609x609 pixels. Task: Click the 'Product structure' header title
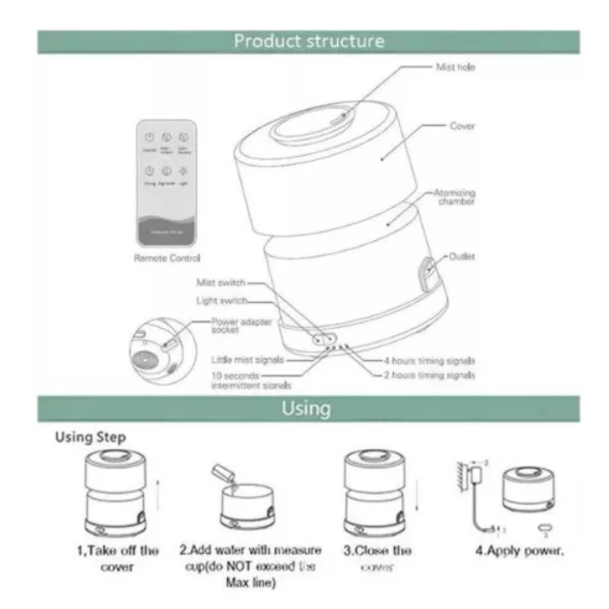click(309, 42)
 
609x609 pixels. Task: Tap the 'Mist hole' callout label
click(456, 67)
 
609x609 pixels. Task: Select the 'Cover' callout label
click(462, 126)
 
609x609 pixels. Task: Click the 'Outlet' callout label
click(462, 257)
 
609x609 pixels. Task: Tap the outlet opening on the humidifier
click(427, 271)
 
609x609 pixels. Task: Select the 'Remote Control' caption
click(167, 258)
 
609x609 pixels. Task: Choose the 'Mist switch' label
click(220, 283)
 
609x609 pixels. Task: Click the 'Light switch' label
click(222, 301)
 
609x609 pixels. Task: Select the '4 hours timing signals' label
click(429, 360)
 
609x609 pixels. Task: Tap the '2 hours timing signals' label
click(429, 375)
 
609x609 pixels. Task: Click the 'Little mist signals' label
click(247, 359)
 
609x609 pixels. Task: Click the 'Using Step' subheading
click(90, 438)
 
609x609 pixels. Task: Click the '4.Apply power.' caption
click(519, 550)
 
